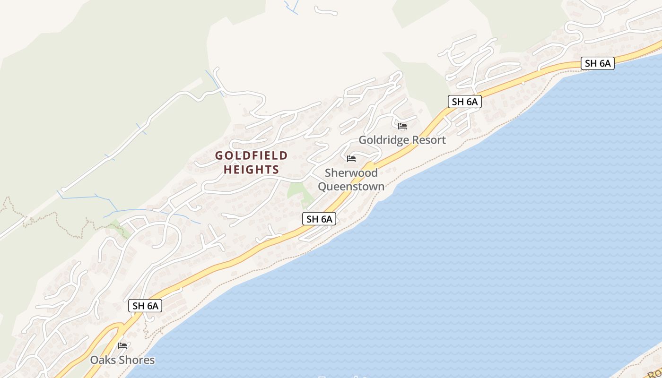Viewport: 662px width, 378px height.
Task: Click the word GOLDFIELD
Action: [252, 155]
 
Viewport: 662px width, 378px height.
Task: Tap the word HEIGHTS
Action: [252, 169]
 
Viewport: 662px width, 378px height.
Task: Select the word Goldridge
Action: [382, 140]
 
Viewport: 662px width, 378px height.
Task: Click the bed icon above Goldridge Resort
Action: [402, 126]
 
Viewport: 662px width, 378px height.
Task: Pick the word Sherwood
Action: [351, 173]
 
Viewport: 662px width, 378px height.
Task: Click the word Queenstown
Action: [351, 186]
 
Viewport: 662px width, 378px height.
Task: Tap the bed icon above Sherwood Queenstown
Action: [351, 158]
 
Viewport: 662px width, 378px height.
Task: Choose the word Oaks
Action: [103, 360]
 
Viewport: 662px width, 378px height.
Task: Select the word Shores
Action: [136, 360]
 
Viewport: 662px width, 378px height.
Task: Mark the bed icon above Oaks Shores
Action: [122, 345]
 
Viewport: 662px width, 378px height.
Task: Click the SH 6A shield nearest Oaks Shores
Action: [145, 306]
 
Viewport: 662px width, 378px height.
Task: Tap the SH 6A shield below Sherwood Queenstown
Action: [319, 219]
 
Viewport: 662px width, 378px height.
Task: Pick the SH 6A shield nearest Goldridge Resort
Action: [464, 102]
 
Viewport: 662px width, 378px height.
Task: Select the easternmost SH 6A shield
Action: [597, 63]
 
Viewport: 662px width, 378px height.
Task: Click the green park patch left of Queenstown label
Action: [298, 192]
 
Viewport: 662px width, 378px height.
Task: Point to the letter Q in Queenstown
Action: [322, 186]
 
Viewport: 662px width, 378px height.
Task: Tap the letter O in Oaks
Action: [95, 360]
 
